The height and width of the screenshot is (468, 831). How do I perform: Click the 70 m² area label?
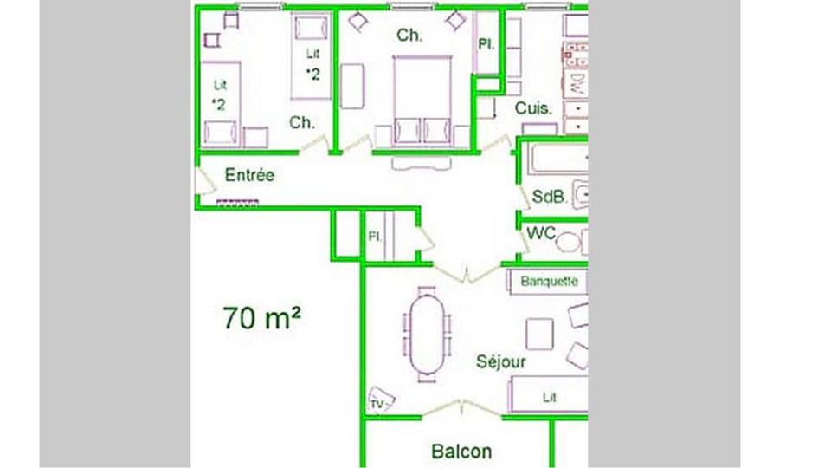[261, 318]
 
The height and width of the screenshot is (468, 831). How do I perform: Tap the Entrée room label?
[249, 175]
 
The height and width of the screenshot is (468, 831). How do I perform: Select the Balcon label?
[461, 452]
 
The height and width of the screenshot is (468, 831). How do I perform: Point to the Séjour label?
[500, 362]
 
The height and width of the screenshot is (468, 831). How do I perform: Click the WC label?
[541, 234]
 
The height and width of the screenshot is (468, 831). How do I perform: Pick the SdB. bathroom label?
[549, 198]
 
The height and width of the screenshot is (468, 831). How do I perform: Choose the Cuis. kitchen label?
[534, 108]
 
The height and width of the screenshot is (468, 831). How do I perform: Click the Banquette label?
[549, 282]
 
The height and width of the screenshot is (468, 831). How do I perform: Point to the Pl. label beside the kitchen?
[486, 44]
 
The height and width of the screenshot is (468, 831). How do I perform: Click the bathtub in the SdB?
[554, 160]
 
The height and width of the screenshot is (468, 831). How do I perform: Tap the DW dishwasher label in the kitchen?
[575, 84]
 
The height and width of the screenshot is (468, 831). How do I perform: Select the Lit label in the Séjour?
[549, 398]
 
